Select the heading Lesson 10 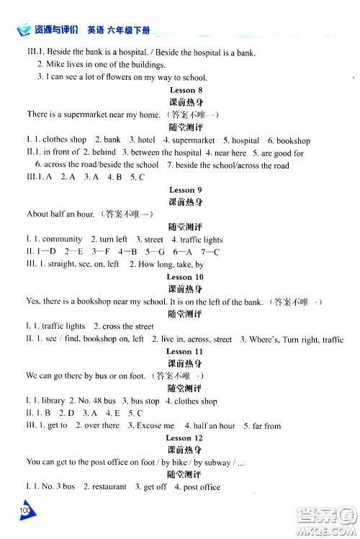(185, 277)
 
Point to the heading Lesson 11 (185, 351)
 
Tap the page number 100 (27, 509)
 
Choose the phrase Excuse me (151, 426)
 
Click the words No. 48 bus (99, 401)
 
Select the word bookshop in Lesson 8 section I (293, 140)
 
